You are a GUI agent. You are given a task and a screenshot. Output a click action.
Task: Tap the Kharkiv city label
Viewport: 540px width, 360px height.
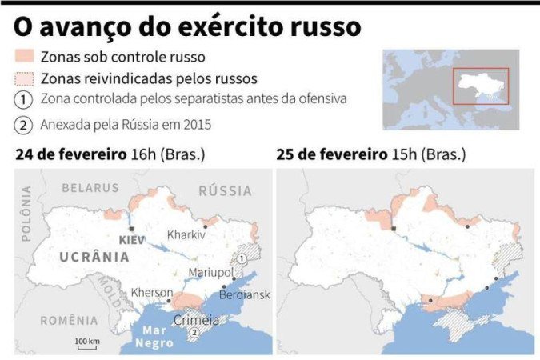point(186,235)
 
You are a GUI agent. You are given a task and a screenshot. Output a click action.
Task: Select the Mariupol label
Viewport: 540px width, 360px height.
point(210,273)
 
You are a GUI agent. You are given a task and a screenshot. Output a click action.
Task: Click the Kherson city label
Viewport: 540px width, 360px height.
point(150,293)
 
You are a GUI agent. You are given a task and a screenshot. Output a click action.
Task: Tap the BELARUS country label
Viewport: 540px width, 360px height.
point(91,188)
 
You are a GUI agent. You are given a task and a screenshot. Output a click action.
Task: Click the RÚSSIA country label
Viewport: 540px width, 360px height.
point(224,191)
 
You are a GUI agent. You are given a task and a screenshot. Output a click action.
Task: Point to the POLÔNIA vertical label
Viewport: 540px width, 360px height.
point(26,214)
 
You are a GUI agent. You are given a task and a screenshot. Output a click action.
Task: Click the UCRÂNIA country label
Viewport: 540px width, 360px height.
point(94,257)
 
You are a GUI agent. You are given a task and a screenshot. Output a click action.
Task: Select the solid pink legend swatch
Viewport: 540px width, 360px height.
point(24,57)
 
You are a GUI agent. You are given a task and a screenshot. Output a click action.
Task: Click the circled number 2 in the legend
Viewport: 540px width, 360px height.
point(24,125)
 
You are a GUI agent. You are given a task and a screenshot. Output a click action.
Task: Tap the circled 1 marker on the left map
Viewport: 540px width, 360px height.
point(238,259)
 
